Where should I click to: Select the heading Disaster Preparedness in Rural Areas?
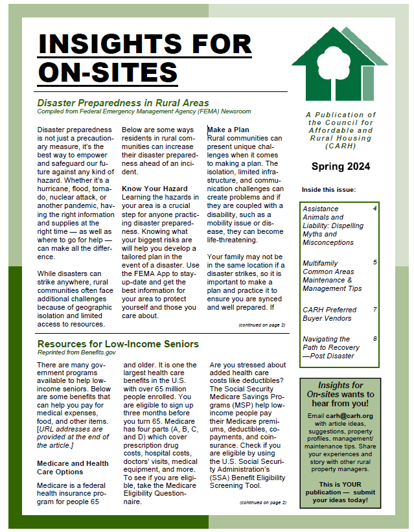click(x=123, y=102)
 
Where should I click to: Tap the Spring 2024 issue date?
click(x=341, y=167)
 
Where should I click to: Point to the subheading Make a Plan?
click(x=228, y=130)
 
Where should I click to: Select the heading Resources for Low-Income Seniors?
click(x=118, y=343)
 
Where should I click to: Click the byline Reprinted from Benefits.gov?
click(x=76, y=353)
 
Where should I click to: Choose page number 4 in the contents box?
click(x=374, y=209)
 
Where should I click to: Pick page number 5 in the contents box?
click(x=374, y=262)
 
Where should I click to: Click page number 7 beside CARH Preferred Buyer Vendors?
click(x=374, y=309)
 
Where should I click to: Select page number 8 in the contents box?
click(x=374, y=338)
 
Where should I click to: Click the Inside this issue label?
click(x=328, y=190)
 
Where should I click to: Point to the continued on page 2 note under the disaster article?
click(x=262, y=325)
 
